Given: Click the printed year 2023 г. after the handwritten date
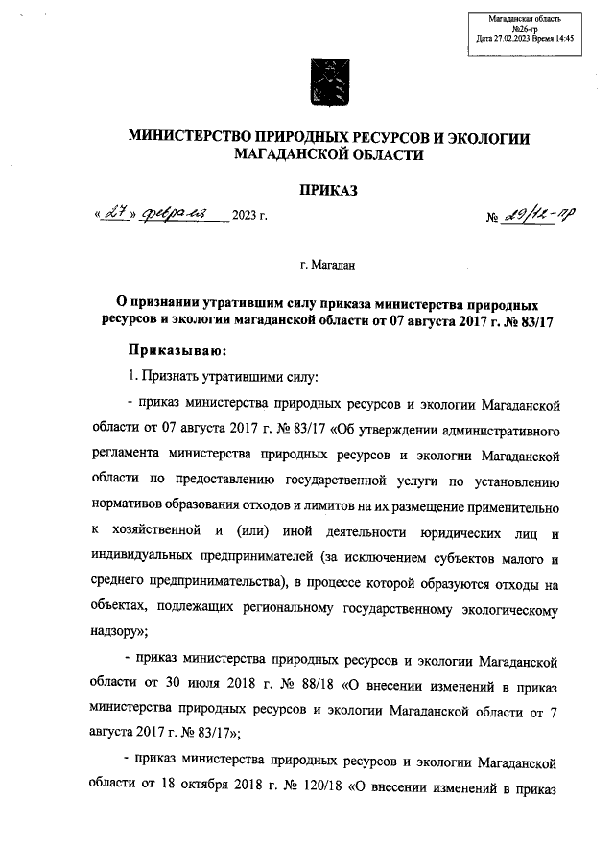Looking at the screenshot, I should (x=248, y=227).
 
